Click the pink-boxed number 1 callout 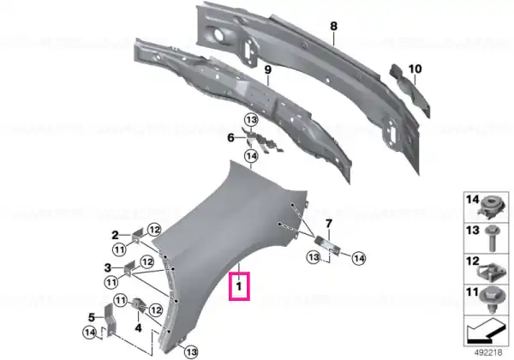click(x=239, y=286)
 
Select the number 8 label click(x=333, y=26)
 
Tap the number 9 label click(x=268, y=69)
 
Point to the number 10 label click(x=415, y=69)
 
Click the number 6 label click(x=230, y=138)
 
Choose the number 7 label click(x=329, y=224)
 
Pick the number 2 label click(x=115, y=235)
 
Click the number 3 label click(x=108, y=268)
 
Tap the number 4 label click(x=138, y=327)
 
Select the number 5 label click(x=92, y=317)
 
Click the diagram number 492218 click(x=488, y=353)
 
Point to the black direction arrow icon click(x=486, y=331)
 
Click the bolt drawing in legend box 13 click(x=491, y=238)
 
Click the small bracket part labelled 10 click(x=409, y=90)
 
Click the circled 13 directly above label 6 click(x=251, y=120)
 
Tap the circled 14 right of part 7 click(x=359, y=258)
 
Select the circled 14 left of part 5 click(x=90, y=333)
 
